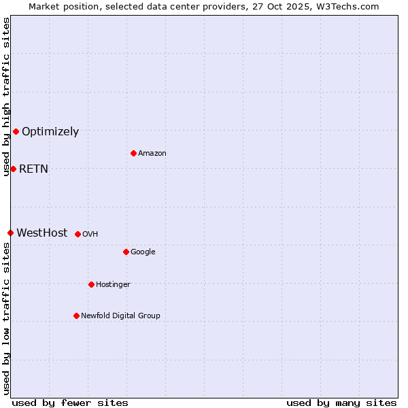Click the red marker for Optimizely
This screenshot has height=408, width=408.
click(x=16, y=131)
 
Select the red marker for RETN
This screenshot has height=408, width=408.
click(x=13, y=169)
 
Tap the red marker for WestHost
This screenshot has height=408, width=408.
click(x=10, y=233)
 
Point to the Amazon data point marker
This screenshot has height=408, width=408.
click(x=133, y=153)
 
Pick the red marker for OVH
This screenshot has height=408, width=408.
click(x=78, y=234)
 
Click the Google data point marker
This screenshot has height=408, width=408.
click(x=126, y=252)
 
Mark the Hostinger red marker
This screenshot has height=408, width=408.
click(x=91, y=284)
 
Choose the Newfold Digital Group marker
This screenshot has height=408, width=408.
click(x=76, y=316)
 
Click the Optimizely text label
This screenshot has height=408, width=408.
click(x=50, y=132)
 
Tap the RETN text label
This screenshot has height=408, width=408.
click(x=33, y=169)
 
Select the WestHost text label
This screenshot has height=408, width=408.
click(x=42, y=233)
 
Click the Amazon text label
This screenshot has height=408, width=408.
click(x=152, y=154)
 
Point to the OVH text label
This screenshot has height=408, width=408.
click(x=90, y=235)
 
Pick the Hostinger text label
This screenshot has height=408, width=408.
click(x=113, y=285)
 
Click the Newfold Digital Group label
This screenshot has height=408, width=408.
click(x=120, y=316)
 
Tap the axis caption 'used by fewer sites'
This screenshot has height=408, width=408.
click(x=70, y=403)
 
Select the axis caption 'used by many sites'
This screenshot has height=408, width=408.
click(x=341, y=403)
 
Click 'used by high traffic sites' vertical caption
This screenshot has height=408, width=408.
click(x=7, y=97)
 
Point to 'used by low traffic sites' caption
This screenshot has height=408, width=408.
click(x=7, y=318)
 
